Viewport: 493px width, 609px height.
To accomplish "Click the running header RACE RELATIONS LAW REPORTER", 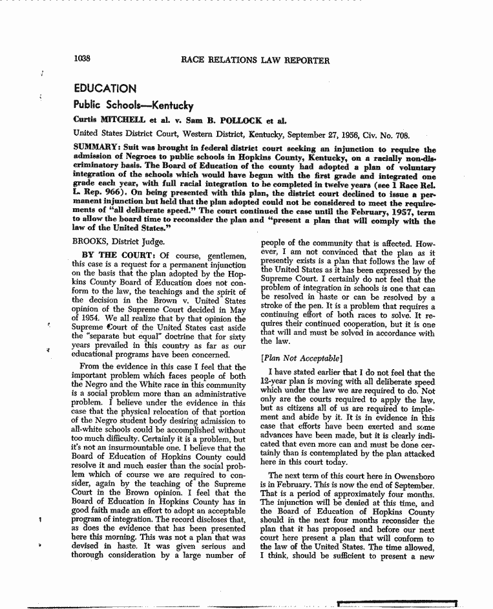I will click(255, 61).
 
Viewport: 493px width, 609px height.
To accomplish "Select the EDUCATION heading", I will click(105, 89).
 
